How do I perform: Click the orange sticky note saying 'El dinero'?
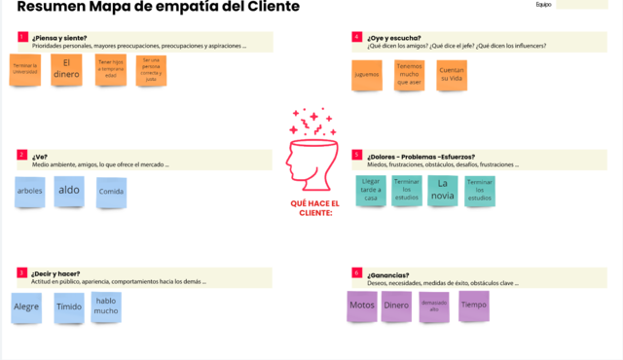tap(67, 70)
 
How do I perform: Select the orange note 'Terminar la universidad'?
tap(25, 70)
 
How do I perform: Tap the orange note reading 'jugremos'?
tap(367, 75)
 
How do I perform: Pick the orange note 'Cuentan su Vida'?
tap(451, 75)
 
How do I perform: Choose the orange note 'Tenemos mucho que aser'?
tap(410, 75)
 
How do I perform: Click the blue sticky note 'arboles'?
tap(30, 192)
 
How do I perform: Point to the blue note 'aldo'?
tap(69, 191)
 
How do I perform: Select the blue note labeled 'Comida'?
tap(111, 192)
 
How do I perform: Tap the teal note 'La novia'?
tap(443, 189)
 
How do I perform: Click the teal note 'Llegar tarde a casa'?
tap(371, 190)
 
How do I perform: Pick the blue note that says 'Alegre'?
tap(26, 307)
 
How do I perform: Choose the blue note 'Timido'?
tap(68, 306)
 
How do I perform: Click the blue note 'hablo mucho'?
tap(106, 306)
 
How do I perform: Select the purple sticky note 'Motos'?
tap(362, 306)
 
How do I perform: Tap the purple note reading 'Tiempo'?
tap(474, 305)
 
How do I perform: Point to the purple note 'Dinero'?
tap(396, 306)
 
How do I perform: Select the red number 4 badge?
tap(357, 37)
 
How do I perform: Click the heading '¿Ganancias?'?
tap(388, 274)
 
